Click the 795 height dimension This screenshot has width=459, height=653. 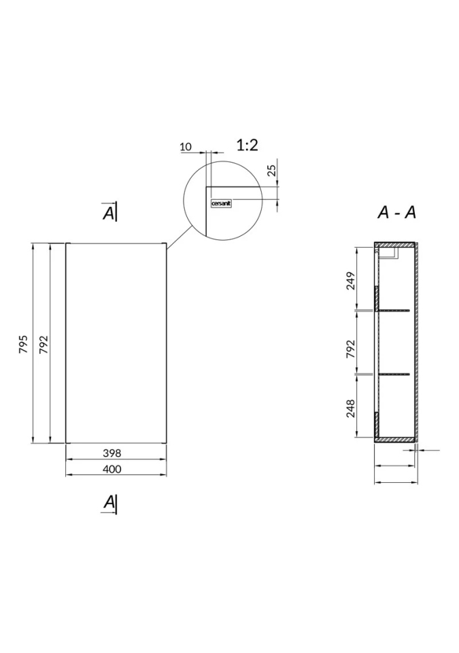coord(24,344)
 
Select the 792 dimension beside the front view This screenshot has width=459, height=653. coord(44,344)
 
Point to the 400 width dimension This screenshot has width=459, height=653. coord(112,469)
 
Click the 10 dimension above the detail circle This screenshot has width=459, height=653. coord(186,147)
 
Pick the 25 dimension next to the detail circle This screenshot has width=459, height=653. coord(271,170)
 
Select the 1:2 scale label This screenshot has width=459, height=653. coord(248,145)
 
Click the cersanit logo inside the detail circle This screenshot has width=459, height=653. coord(221,203)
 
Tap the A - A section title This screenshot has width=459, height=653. coord(396,212)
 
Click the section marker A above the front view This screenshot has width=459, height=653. coord(109,212)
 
